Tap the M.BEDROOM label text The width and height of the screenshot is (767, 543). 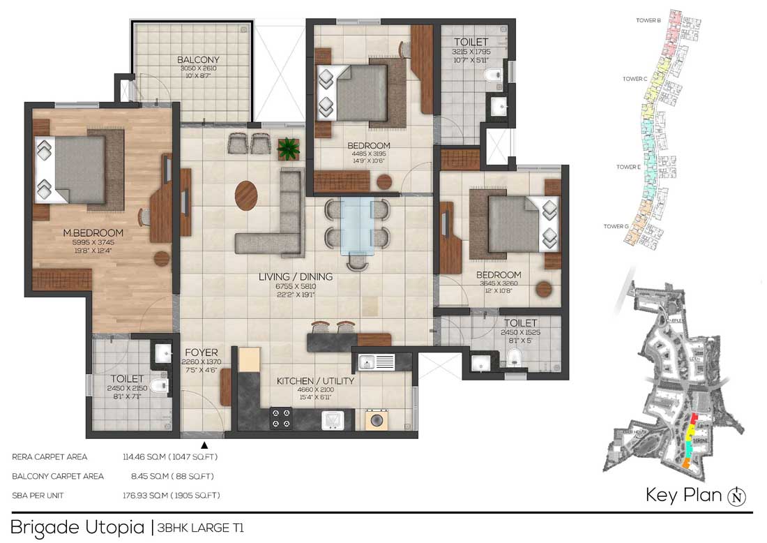coord(93,232)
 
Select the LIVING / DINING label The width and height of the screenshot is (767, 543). coord(296,277)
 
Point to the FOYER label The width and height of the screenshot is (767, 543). coord(202,352)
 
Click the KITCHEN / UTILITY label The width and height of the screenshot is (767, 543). coord(316,381)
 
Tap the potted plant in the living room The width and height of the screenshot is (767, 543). coord(288,148)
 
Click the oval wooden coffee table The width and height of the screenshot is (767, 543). coord(245,195)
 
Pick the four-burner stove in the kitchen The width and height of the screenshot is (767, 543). coord(281,417)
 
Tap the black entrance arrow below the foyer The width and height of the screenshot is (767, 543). coord(204,445)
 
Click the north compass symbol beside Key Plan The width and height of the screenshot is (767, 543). coord(736,496)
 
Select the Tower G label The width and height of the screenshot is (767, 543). coord(616,226)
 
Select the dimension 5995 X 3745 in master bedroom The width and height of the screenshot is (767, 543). coord(93,243)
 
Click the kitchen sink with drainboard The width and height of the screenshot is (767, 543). coord(376,362)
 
